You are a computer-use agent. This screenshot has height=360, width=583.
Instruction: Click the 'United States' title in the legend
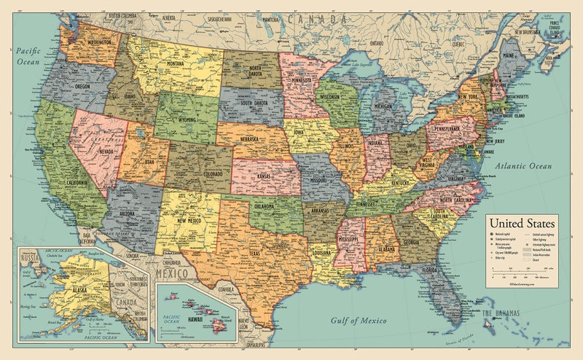click(521, 223)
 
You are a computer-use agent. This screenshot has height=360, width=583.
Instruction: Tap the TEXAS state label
click(254, 254)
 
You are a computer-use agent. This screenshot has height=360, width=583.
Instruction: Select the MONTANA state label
click(176, 63)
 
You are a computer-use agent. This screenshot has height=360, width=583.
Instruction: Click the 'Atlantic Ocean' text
click(521, 167)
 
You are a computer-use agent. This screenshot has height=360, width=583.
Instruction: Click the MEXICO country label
click(173, 273)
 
